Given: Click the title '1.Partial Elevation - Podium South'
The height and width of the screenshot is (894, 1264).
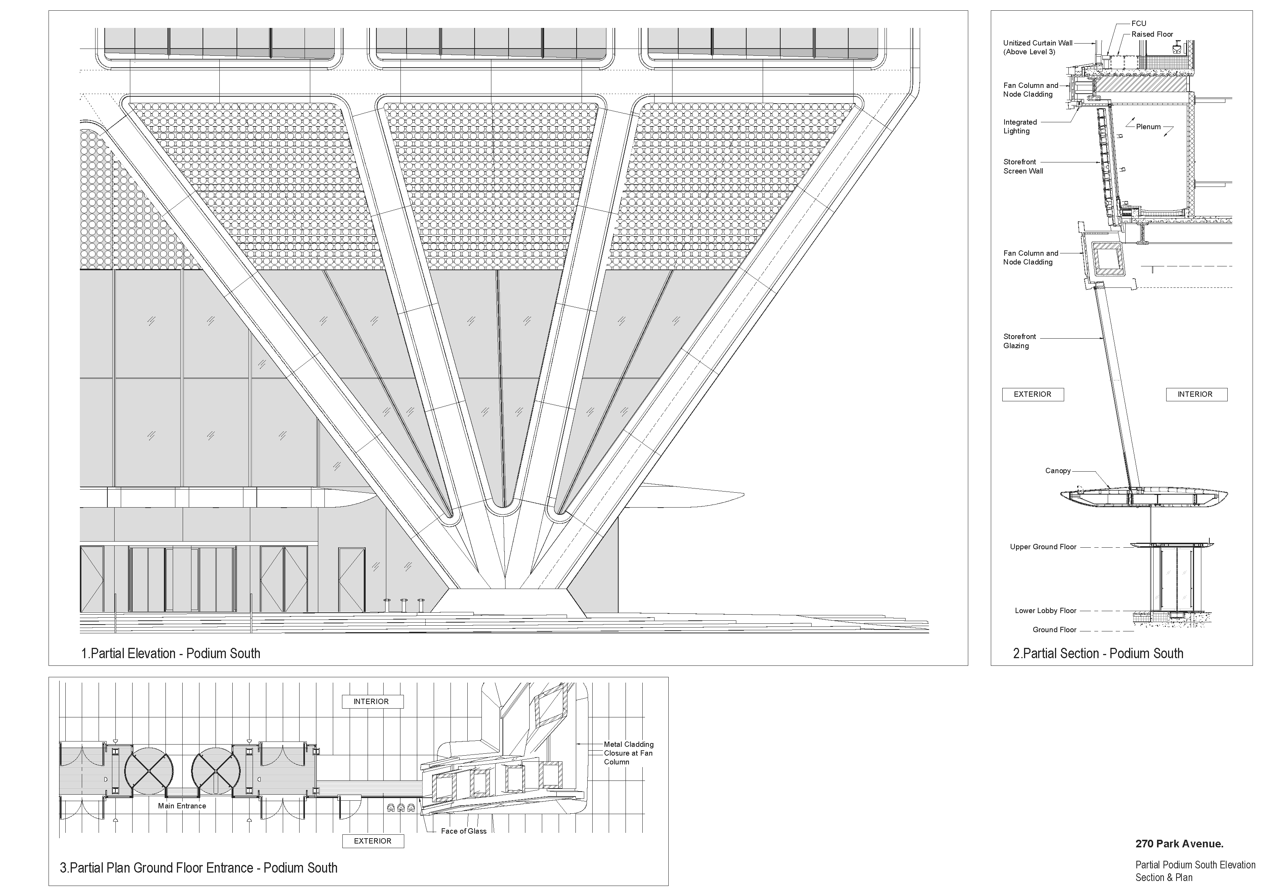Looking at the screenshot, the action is point(171,654).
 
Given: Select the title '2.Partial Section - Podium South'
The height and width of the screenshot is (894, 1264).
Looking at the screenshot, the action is point(1098,654).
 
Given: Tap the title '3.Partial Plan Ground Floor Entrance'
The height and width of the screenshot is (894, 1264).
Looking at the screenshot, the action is point(198,868).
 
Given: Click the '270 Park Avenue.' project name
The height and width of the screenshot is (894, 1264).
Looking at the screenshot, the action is point(1179,844).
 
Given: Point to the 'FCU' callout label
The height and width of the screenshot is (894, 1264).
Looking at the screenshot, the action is point(1139,24).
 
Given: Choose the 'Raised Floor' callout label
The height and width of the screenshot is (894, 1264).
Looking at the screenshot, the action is point(1152,34).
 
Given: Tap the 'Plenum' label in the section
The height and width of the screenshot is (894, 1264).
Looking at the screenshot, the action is point(1148,127).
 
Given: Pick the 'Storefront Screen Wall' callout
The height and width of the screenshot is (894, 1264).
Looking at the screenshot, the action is point(1023,166).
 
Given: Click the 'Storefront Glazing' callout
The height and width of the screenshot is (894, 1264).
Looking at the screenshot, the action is point(1019,341).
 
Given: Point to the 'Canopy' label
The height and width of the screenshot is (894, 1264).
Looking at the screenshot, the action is point(1058,471).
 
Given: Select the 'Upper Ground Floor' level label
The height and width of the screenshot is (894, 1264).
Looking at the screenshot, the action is point(1043,547).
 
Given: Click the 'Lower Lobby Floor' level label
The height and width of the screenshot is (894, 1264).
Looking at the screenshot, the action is point(1045,611).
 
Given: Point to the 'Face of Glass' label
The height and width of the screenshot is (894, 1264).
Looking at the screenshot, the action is point(463,831).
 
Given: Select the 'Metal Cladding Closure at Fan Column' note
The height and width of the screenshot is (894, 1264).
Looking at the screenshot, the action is point(628,753).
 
